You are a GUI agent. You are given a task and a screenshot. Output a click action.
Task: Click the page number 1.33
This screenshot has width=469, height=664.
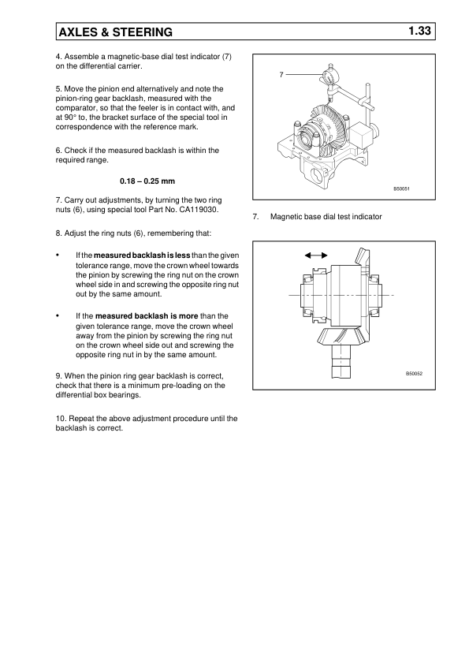click(419, 31)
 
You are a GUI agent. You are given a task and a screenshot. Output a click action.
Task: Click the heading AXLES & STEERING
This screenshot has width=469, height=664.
click(116, 32)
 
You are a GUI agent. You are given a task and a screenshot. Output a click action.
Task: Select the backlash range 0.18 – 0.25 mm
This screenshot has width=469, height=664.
click(147, 181)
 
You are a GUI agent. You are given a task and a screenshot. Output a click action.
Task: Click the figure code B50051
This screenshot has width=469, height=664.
click(402, 188)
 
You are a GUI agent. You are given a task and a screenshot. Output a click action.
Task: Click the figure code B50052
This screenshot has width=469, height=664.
click(414, 374)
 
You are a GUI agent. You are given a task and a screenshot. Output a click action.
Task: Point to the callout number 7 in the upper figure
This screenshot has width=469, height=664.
click(281, 75)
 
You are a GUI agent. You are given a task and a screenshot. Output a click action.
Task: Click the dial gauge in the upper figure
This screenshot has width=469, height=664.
click(329, 76)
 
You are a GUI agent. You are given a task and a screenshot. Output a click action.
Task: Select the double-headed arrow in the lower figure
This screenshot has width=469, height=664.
click(316, 256)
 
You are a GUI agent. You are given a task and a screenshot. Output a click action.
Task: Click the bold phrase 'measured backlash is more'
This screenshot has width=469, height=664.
click(147, 316)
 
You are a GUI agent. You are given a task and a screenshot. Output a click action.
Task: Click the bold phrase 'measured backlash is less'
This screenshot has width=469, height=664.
click(142, 256)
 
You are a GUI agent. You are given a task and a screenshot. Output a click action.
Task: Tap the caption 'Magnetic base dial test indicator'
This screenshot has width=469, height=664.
click(326, 217)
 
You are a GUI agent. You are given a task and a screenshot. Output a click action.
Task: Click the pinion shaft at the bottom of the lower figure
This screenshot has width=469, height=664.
click(342, 360)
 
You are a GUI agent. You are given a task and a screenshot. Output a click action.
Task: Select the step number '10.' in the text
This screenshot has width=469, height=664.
click(61, 419)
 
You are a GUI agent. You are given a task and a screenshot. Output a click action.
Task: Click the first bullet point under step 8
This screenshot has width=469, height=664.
click(58, 256)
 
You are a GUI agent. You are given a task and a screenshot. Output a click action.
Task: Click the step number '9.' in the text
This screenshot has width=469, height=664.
click(59, 376)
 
